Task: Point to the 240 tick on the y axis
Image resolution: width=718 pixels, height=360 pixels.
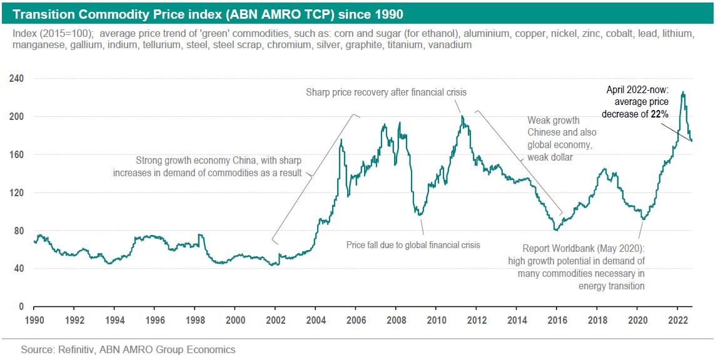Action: pos(17,79)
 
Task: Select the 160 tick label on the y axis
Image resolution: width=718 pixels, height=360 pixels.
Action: pos(17,154)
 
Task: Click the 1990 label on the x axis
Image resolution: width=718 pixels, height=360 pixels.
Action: pos(34,319)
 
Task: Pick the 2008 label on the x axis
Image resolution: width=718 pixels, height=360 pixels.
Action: pos(396,319)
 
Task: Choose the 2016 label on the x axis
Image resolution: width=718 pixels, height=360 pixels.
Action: pos(557,319)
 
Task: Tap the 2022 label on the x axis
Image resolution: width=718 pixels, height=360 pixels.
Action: pos(677,319)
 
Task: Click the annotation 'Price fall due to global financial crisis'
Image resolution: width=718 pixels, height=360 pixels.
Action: pos(413,245)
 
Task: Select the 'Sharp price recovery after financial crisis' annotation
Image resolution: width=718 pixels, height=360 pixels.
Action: pos(386,92)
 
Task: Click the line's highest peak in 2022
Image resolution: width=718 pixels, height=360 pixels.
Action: pos(683,92)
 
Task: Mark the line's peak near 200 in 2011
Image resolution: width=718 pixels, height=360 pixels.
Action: pos(462,116)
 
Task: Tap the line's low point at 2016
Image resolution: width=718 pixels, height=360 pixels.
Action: pos(555,229)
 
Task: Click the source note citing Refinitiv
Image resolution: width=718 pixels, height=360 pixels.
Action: pos(128,349)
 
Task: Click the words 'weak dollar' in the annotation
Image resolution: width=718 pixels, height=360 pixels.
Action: pos(550,157)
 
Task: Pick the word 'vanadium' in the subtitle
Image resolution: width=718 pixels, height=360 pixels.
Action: pos(452,45)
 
